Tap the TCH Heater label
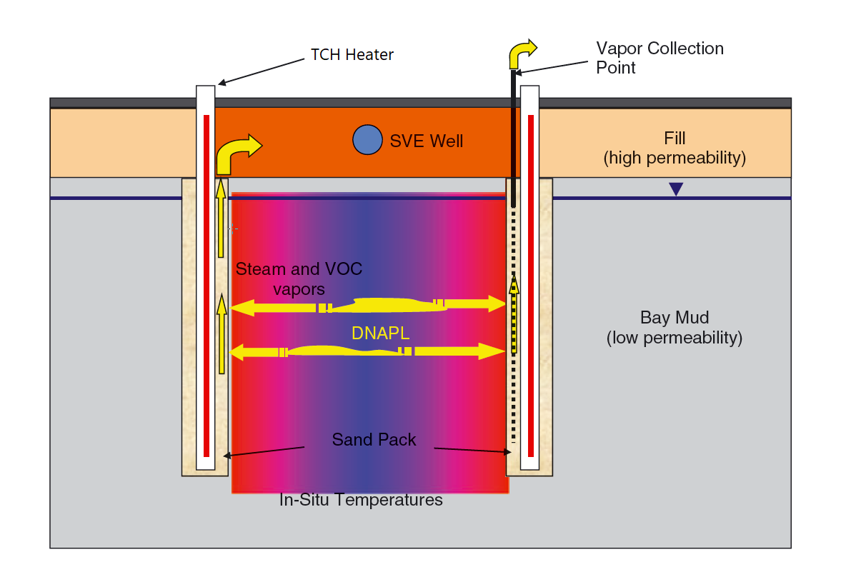[x=352, y=54]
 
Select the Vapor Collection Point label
[x=660, y=58]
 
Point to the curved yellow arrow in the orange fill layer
[x=236, y=151]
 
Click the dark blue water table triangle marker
[x=676, y=189]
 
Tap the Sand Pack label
[x=374, y=440]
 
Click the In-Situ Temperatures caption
[x=361, y=500]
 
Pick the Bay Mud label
[x=674, y=318]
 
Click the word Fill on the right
[x=675, y=139]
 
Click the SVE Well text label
[x=426, y=141]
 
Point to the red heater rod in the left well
[x=206, y=286]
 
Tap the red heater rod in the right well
[x=531, y=286]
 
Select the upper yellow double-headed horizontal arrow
[x=368, y=306]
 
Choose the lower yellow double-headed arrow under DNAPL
[x=368, y=351]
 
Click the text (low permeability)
[x=674, y=338]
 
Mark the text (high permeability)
[x=675, y=159]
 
